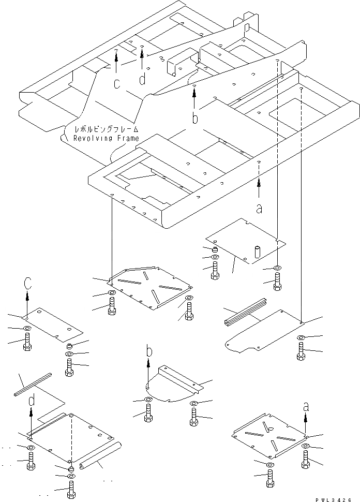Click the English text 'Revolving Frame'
106,138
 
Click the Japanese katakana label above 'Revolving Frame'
106,129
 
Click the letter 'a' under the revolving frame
259,209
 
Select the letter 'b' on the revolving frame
194,119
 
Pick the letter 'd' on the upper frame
142,79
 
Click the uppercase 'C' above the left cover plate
28,283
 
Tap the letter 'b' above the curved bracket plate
149,352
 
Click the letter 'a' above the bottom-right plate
306,407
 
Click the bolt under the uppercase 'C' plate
27,343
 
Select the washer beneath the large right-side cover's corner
301,339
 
